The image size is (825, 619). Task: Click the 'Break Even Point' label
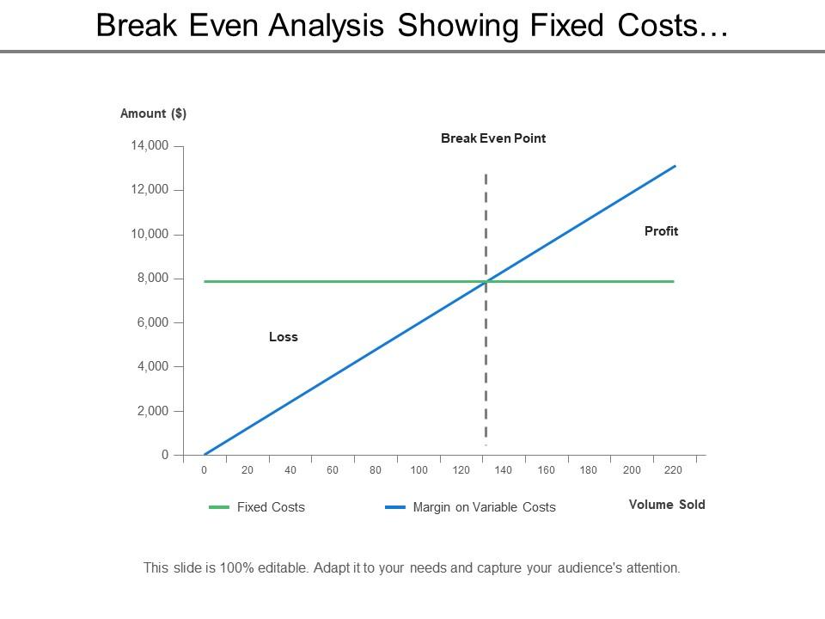[493, 138]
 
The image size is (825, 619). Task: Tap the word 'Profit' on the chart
[661, 230]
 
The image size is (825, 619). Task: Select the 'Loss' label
[283, 337]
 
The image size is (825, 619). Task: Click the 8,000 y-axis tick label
[153, 279]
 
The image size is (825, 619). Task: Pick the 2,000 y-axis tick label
[153, 411]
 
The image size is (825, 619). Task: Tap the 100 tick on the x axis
[419, 470]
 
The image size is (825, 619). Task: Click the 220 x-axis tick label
[674, 470]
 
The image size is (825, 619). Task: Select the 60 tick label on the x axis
[333, 470]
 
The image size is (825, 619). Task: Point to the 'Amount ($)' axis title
[153, 113]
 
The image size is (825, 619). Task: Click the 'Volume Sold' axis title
[667, 505]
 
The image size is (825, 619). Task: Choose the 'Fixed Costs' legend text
[271, 507]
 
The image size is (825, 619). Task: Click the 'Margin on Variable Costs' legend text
[484, 507]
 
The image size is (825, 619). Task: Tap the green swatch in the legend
[219, 507]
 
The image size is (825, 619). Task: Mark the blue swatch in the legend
[395, 507]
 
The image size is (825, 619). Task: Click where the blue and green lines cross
[486, 281]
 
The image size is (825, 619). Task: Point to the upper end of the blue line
[675, 167]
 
